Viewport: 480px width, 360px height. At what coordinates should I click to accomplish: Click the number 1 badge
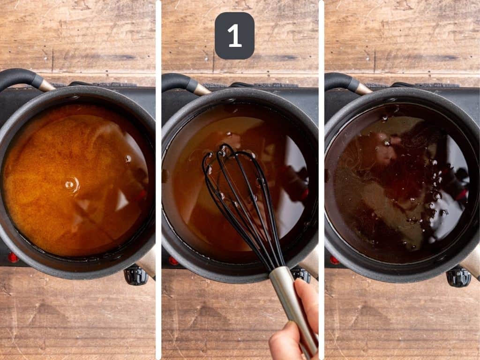(234, 36)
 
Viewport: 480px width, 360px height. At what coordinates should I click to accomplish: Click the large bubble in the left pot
(71, 184)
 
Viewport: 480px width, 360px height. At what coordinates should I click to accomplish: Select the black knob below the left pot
(135, 275)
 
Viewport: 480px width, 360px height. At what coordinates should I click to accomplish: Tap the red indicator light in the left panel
(13, 257)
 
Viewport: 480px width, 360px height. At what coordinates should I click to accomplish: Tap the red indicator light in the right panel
(334, 260)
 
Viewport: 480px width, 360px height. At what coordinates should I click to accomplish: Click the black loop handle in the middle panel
(180, 81)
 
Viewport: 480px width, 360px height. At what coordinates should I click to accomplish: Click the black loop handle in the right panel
(342, 81)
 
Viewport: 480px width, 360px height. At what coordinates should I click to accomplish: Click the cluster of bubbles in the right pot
(434, 187)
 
